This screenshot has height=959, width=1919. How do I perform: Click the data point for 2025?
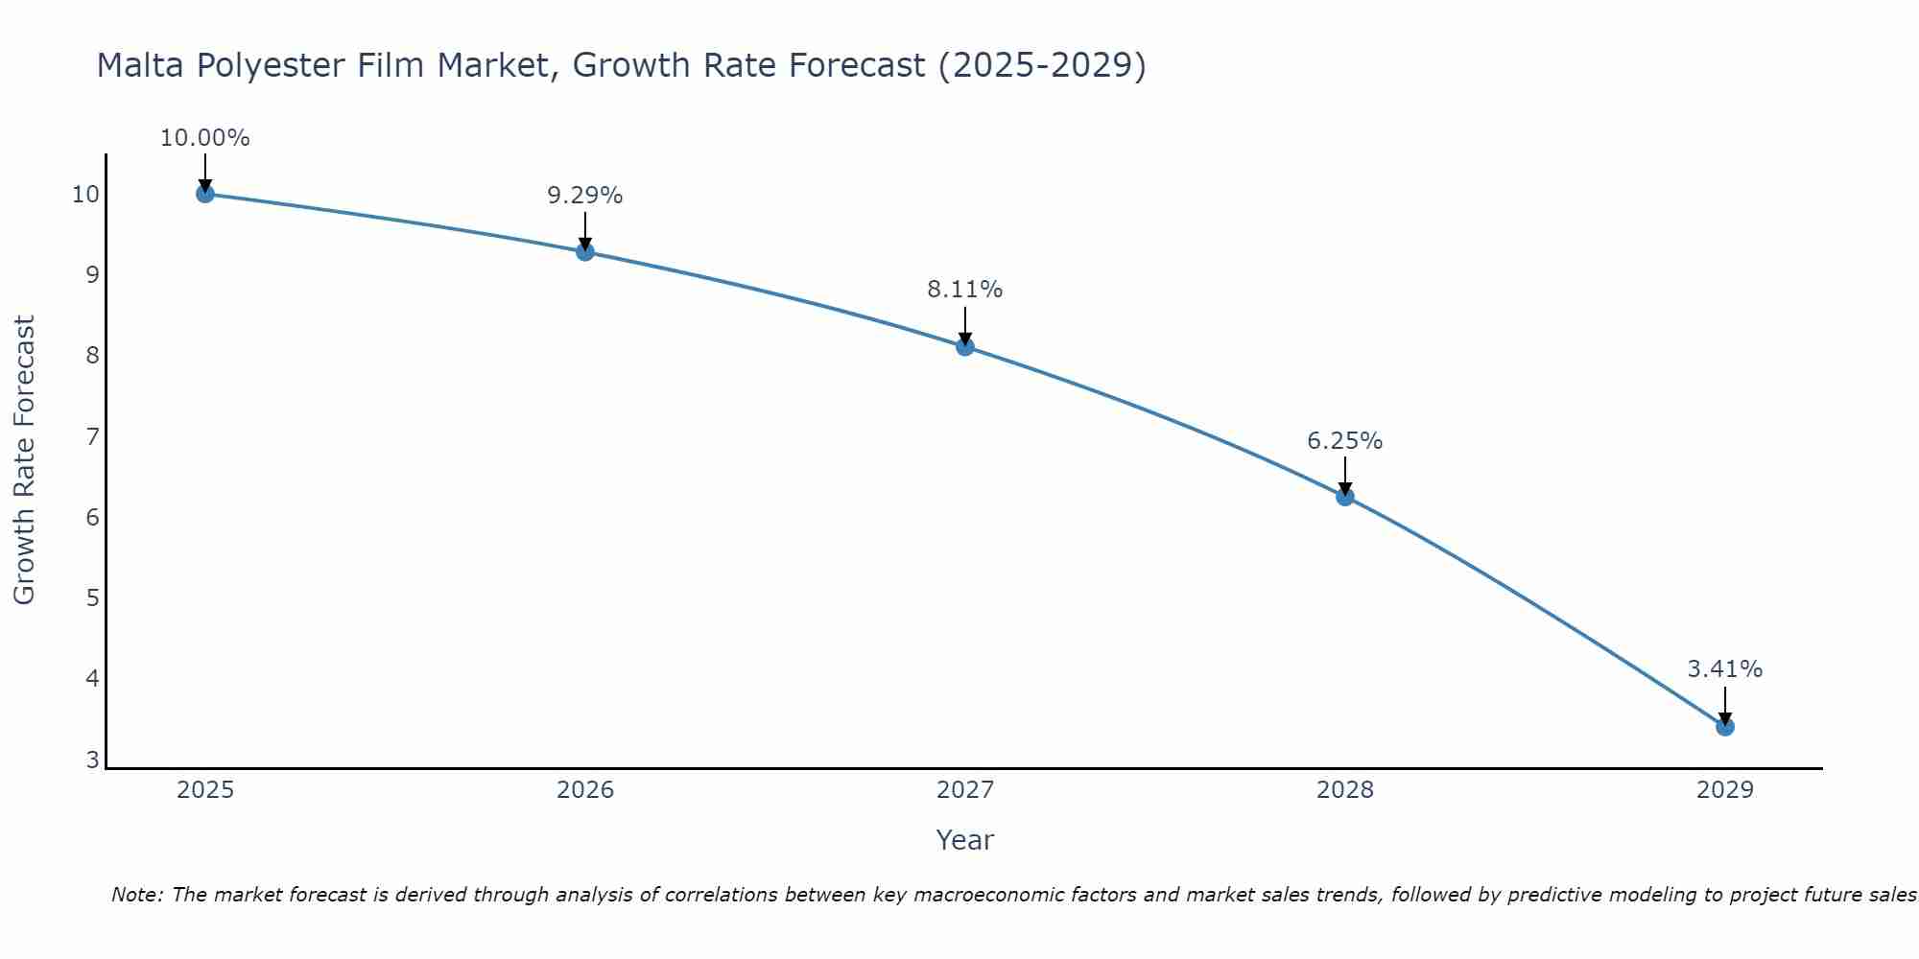[x=204, y=194]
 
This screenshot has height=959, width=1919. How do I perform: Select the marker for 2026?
[x=585, y=251]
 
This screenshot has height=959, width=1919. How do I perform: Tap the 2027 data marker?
[x=965, y=346]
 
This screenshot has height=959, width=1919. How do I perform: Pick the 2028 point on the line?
[x=1345, y=497]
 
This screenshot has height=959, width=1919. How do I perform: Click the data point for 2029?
[x=1725, y=726]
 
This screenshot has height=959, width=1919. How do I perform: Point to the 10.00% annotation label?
[x=204, y=138]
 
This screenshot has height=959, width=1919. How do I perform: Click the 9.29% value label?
[x=585, y=196]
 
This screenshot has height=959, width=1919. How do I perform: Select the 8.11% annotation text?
[x=965, y=290]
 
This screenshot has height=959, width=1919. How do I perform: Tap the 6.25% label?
[x=1345, y=441]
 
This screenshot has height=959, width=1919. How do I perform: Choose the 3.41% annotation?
[x=1725, y=669]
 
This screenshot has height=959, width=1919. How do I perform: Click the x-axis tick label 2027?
[x=965, y=790]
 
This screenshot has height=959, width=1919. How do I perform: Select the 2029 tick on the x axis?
[x=1725, y=790]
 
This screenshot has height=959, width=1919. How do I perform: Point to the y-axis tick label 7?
[x=92, y=437]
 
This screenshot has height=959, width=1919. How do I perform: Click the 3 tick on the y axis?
[x=92, y=760]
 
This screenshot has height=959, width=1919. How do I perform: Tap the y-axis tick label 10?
[x=85, y=195]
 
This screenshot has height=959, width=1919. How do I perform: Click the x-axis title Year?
[x=965, y=840]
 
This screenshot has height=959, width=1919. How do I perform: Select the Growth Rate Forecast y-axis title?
[x=24, y=460]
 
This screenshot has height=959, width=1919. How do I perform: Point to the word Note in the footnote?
[x=137, y=895]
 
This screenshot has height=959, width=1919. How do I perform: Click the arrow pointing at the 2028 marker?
[x=1345, y=475]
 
